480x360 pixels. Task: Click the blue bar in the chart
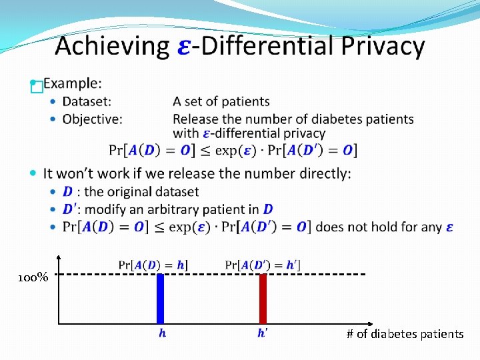tap(160, 299)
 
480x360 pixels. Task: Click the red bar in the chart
tap(263, 299)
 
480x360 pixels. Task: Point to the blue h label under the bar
tap(162, 333)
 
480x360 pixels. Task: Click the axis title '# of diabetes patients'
tap(405, 334)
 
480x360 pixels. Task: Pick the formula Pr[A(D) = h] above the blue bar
tap(153, 265)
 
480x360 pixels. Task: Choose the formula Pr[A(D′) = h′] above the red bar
tap(263, 265)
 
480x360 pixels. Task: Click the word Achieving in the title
tap(112, 47)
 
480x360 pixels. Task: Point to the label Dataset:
tap(87, 101)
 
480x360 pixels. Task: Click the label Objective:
tap(92, 119)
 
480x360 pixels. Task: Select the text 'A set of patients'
tap(221, 101)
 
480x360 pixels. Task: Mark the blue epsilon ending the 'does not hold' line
tap(450, 227)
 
